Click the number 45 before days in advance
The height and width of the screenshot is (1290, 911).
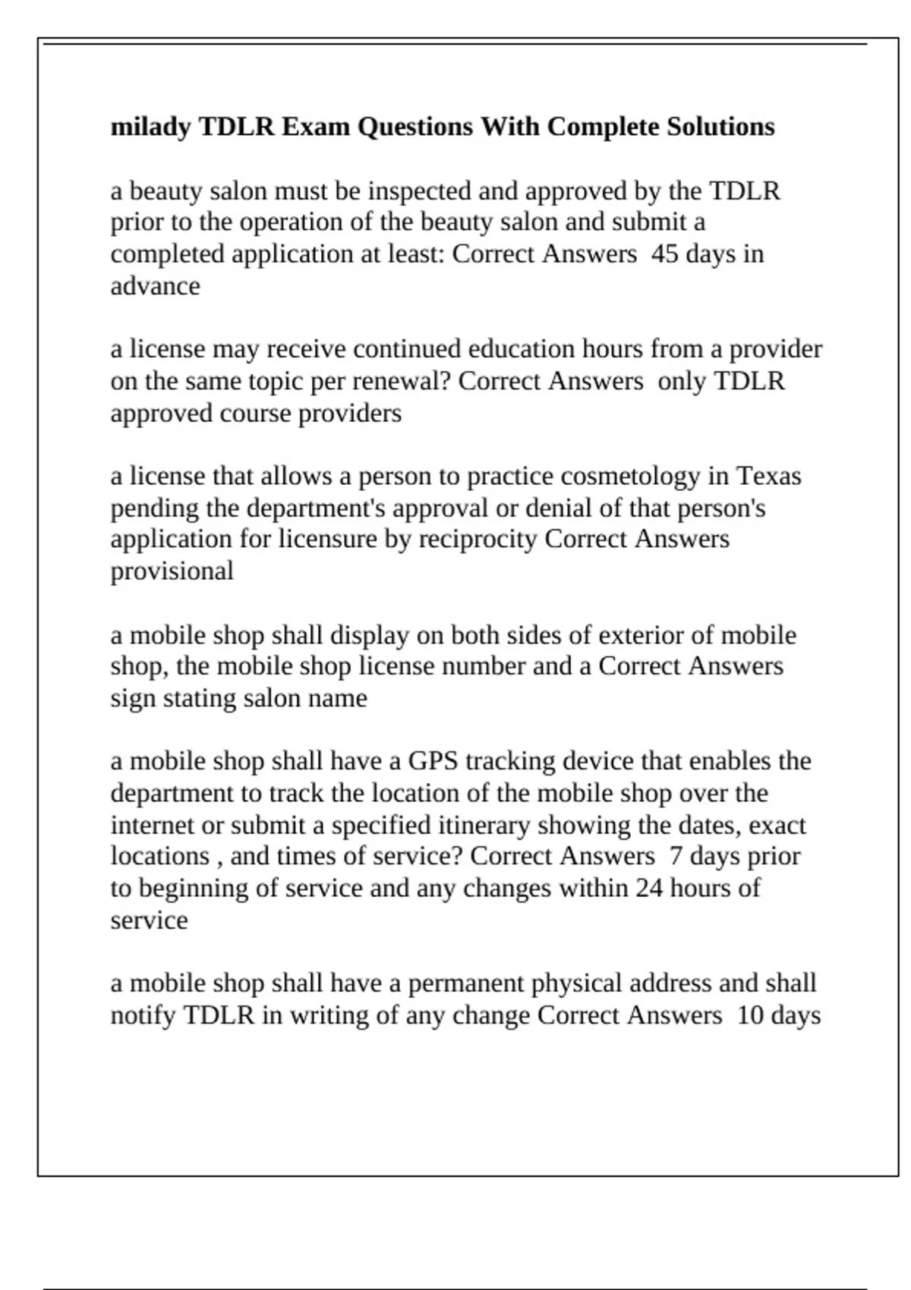(665, 254)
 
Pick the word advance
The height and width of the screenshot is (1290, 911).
(155, 287)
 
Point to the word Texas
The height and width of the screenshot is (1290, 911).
(769, 476)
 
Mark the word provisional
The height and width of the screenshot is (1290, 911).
(172, 571)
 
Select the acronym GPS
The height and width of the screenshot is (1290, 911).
(433, 761)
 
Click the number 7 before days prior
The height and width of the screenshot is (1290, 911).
(675, 856)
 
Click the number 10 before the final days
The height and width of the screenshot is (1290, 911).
(750, 1015)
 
